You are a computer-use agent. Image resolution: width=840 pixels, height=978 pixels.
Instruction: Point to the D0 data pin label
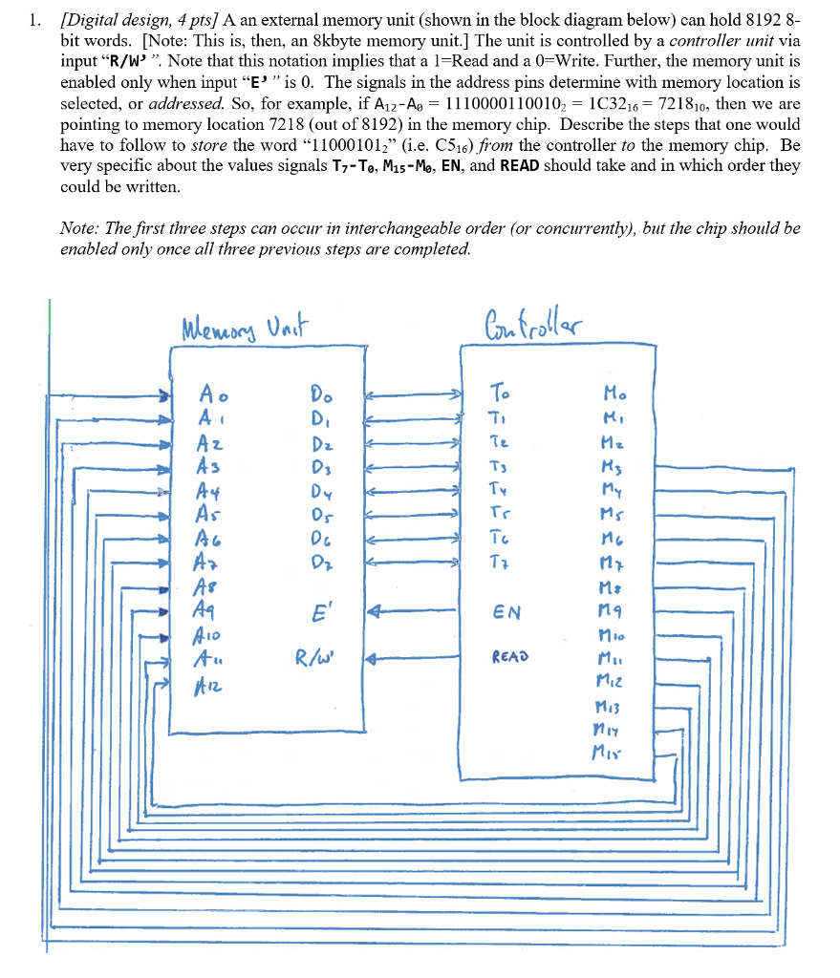pyautogui.click(x=321, y=393)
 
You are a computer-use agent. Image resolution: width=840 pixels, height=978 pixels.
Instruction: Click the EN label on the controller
pyautogui.click(x=506, y=609)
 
